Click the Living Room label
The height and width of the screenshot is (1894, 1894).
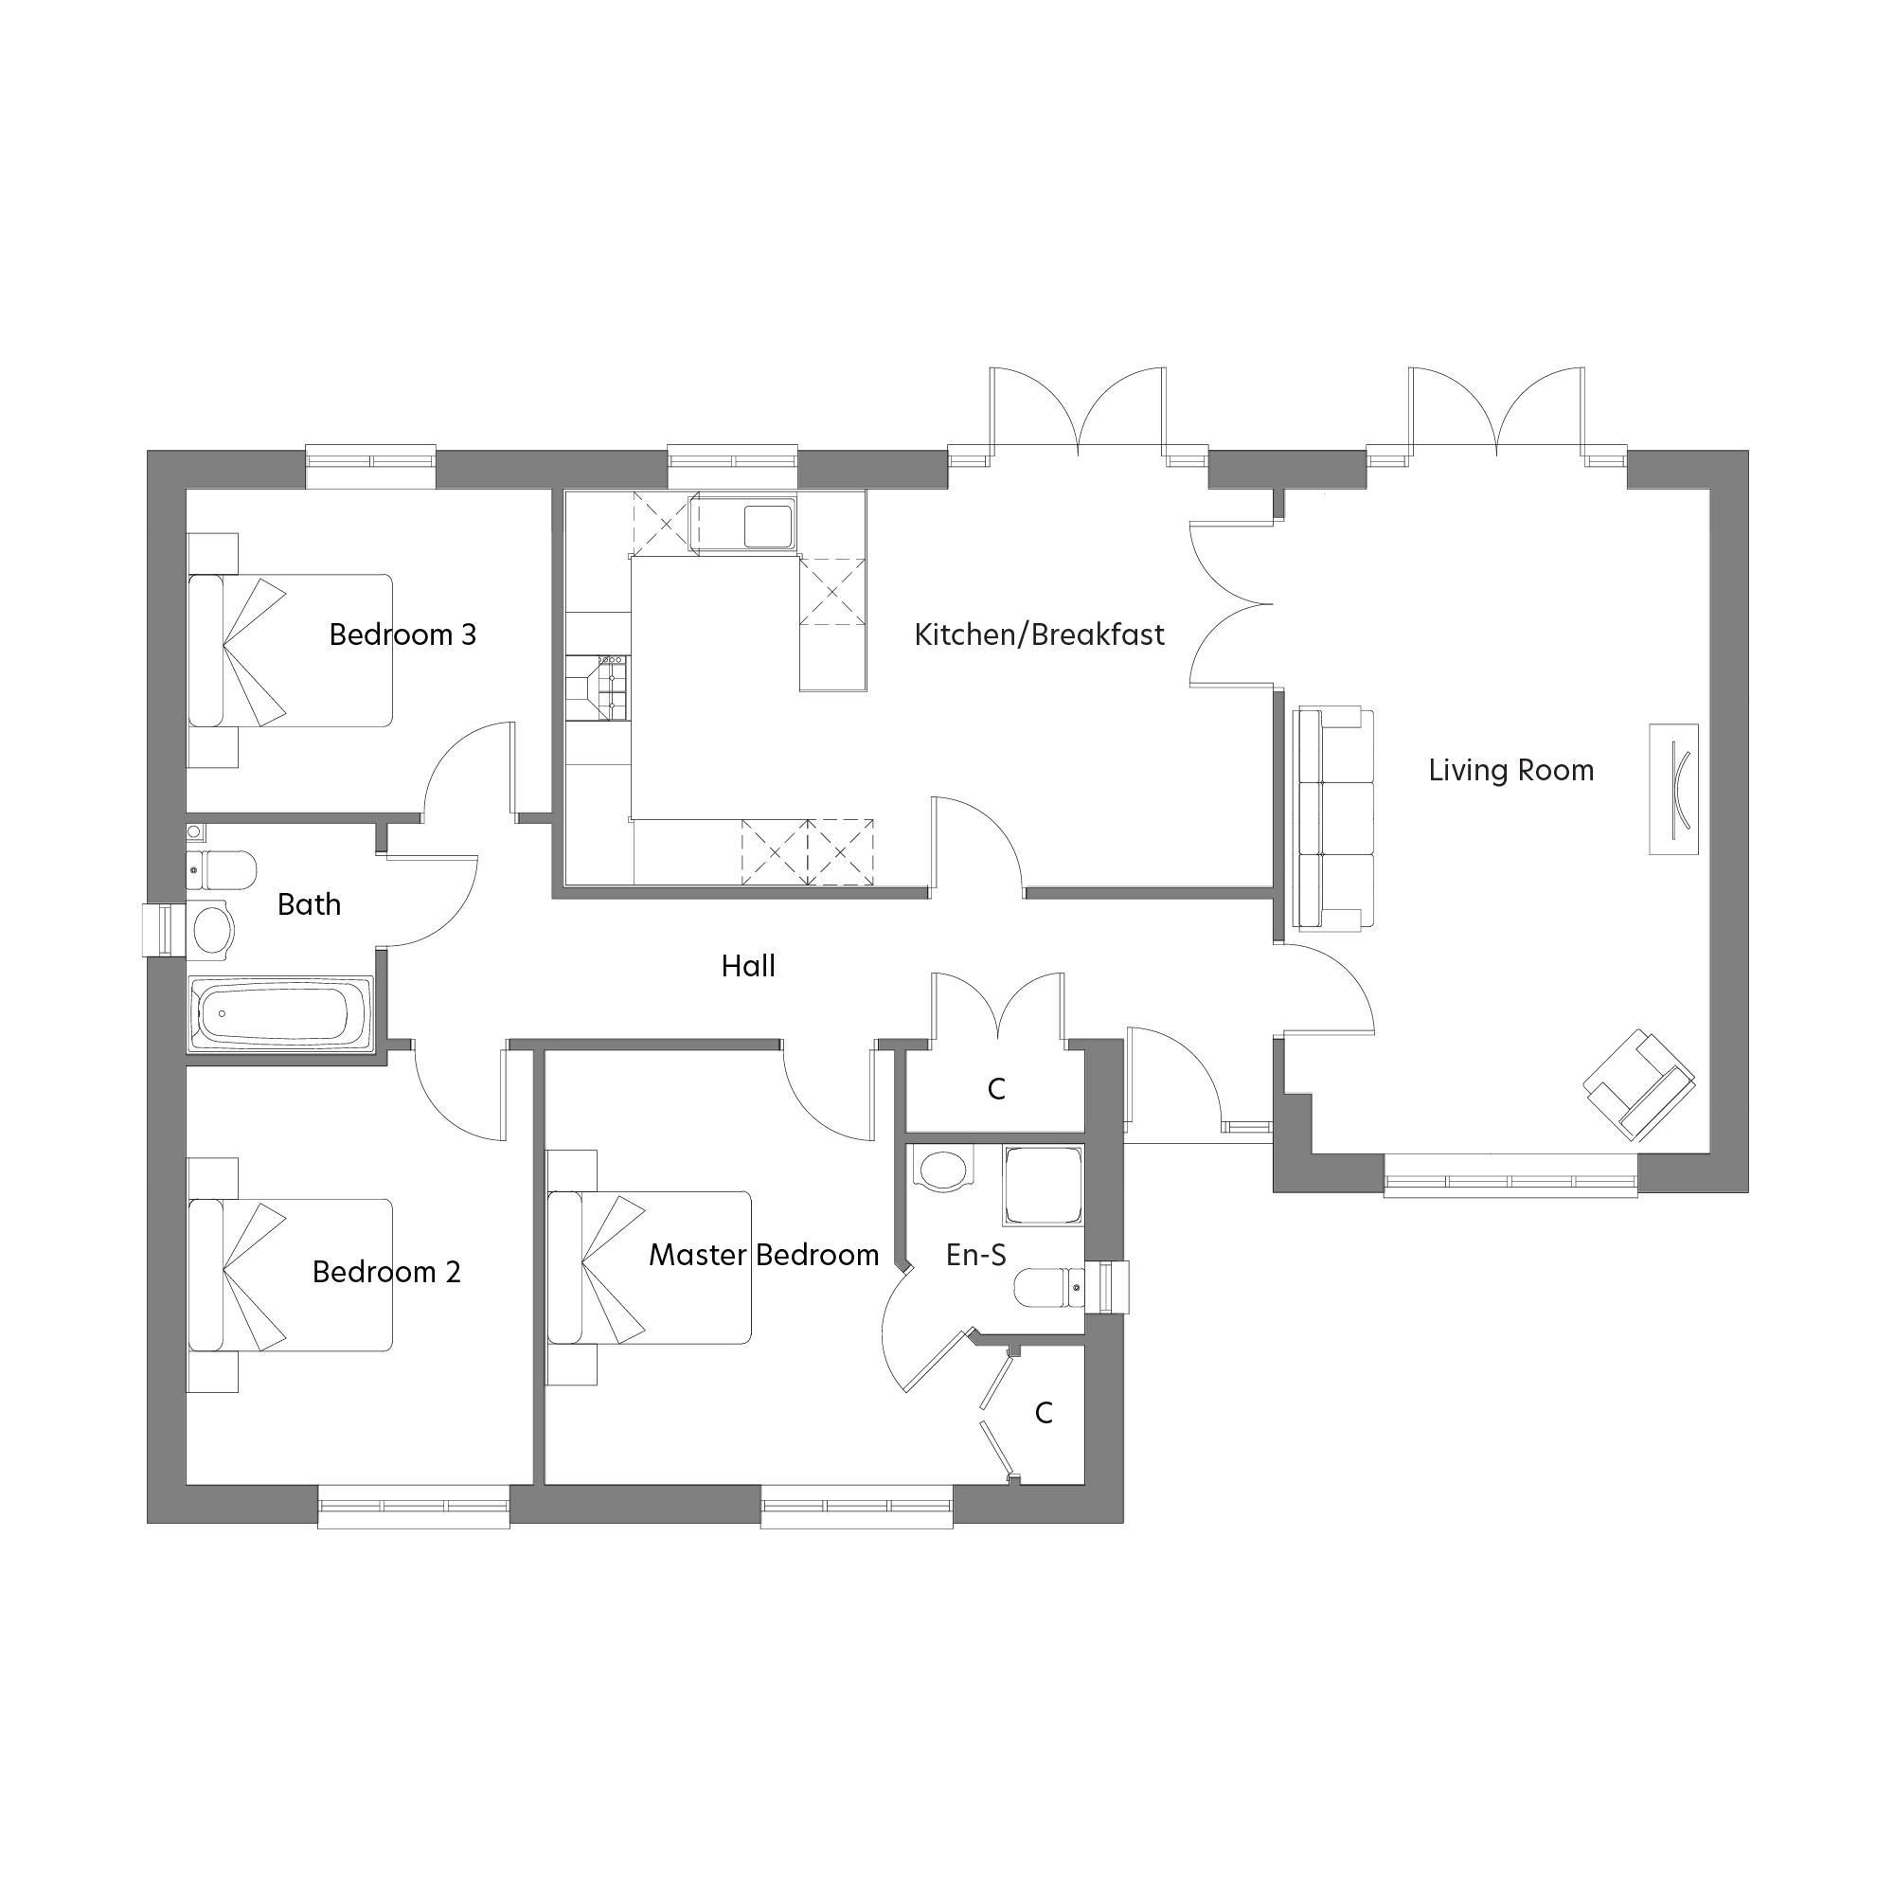click(1510, 771)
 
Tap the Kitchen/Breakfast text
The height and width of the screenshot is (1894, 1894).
click(1038, 635)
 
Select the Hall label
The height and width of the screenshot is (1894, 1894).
click(748, 967)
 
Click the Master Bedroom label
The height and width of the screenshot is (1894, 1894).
click(763, 1255)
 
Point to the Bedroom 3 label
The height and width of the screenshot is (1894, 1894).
click(402, 635)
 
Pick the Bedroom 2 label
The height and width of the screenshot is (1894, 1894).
click(385, 1272)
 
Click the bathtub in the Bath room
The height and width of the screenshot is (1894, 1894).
click(279, 1013)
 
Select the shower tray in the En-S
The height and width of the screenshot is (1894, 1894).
click(1042, 1186)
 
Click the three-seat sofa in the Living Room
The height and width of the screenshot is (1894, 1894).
click(1334, 818)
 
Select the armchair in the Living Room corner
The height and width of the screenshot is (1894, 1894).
click(1639, 1084)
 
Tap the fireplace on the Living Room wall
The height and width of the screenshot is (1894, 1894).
click(1672, 789)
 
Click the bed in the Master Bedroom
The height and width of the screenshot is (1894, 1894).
click(650, 1268)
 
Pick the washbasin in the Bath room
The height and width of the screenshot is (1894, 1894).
click(211, 927)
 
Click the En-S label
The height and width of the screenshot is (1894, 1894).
click(975, 1255)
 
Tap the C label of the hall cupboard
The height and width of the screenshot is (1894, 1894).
click(996, 1089)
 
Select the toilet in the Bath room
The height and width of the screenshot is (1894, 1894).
click(223, 869)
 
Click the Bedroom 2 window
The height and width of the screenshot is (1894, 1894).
click(413, 1505)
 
